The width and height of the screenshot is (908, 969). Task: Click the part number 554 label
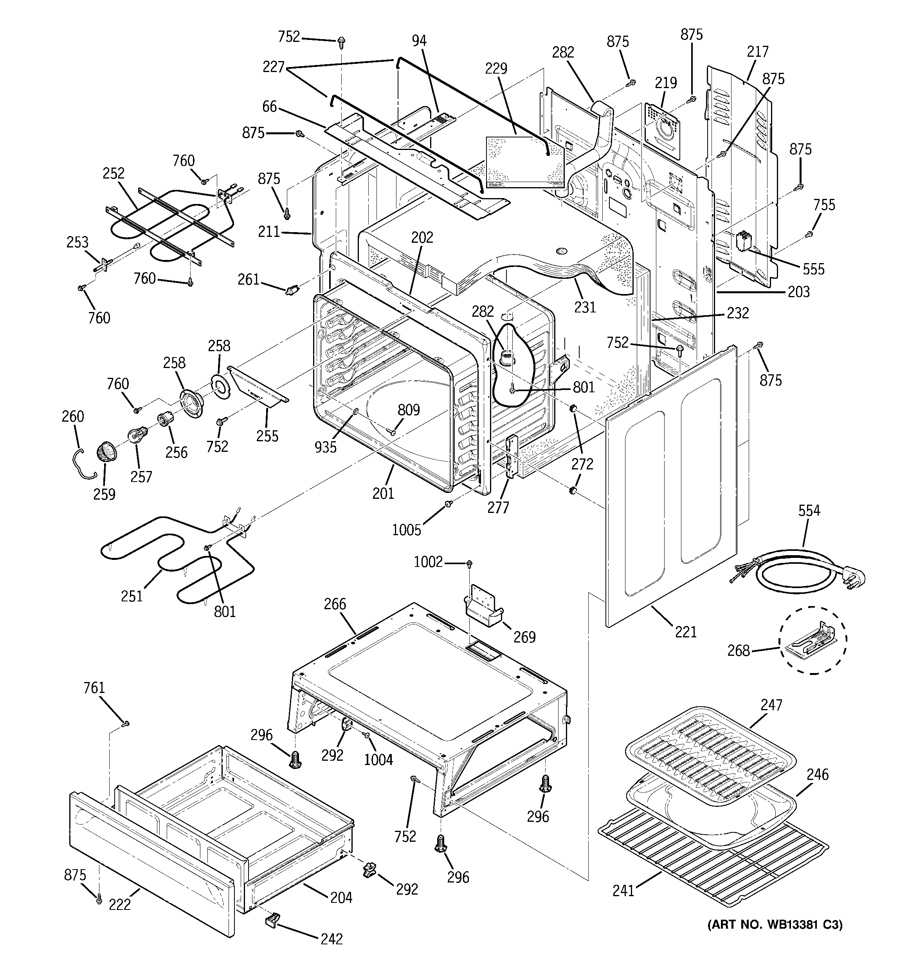pos(809,511)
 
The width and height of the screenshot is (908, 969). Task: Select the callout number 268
pos(739,650)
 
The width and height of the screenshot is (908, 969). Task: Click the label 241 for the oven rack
pos(623,891)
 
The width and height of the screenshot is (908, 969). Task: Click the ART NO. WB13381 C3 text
pos(775,925)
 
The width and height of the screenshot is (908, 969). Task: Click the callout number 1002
pos(428,562)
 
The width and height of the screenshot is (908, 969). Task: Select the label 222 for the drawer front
pos(120,904)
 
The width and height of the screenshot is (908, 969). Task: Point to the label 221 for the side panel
pos(686,632)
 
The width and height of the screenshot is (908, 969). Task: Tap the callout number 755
pos(824,205)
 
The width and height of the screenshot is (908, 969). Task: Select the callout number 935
pos(325,446)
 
